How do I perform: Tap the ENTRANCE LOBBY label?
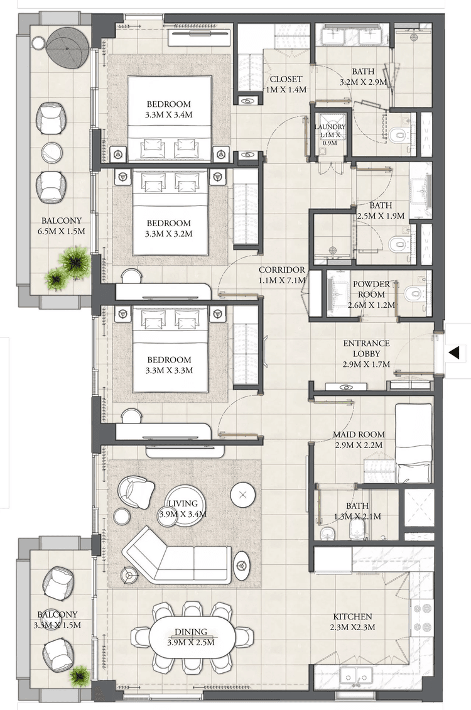point(366,354)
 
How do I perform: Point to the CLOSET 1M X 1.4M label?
point(286,84)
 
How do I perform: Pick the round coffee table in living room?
point(243,494)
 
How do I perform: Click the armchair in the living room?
point(136,491)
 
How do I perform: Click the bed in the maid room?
point(413,443)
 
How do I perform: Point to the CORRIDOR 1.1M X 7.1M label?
point(283,275)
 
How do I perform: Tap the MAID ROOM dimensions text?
point(359,445)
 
